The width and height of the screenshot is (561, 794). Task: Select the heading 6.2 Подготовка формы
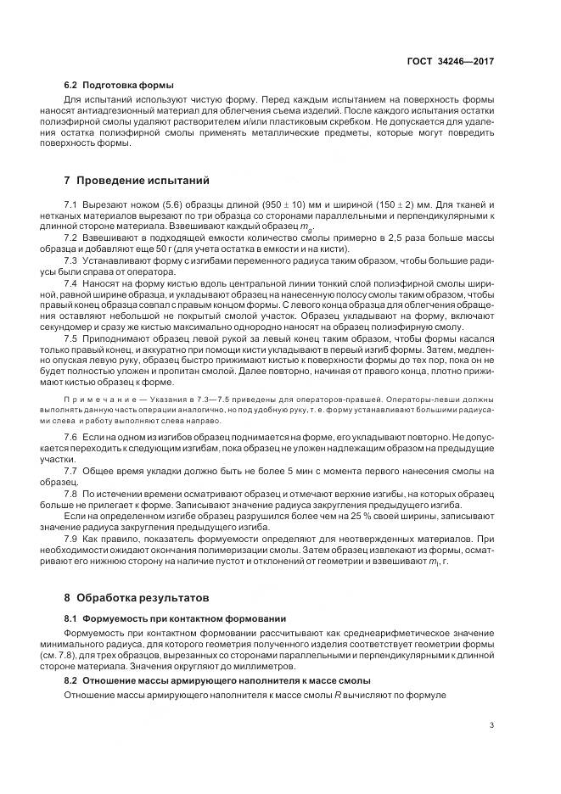pos(119,85)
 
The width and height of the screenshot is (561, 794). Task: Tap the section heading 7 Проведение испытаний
pos(137,181)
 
